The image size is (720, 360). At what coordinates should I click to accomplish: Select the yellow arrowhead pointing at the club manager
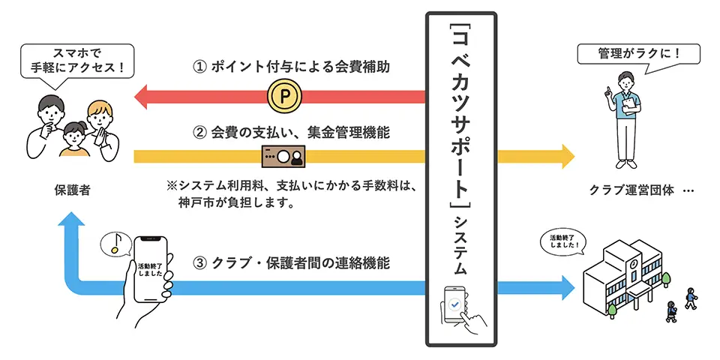tap(564, 157)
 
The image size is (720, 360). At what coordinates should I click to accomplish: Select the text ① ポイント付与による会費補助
tap(294, 67)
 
